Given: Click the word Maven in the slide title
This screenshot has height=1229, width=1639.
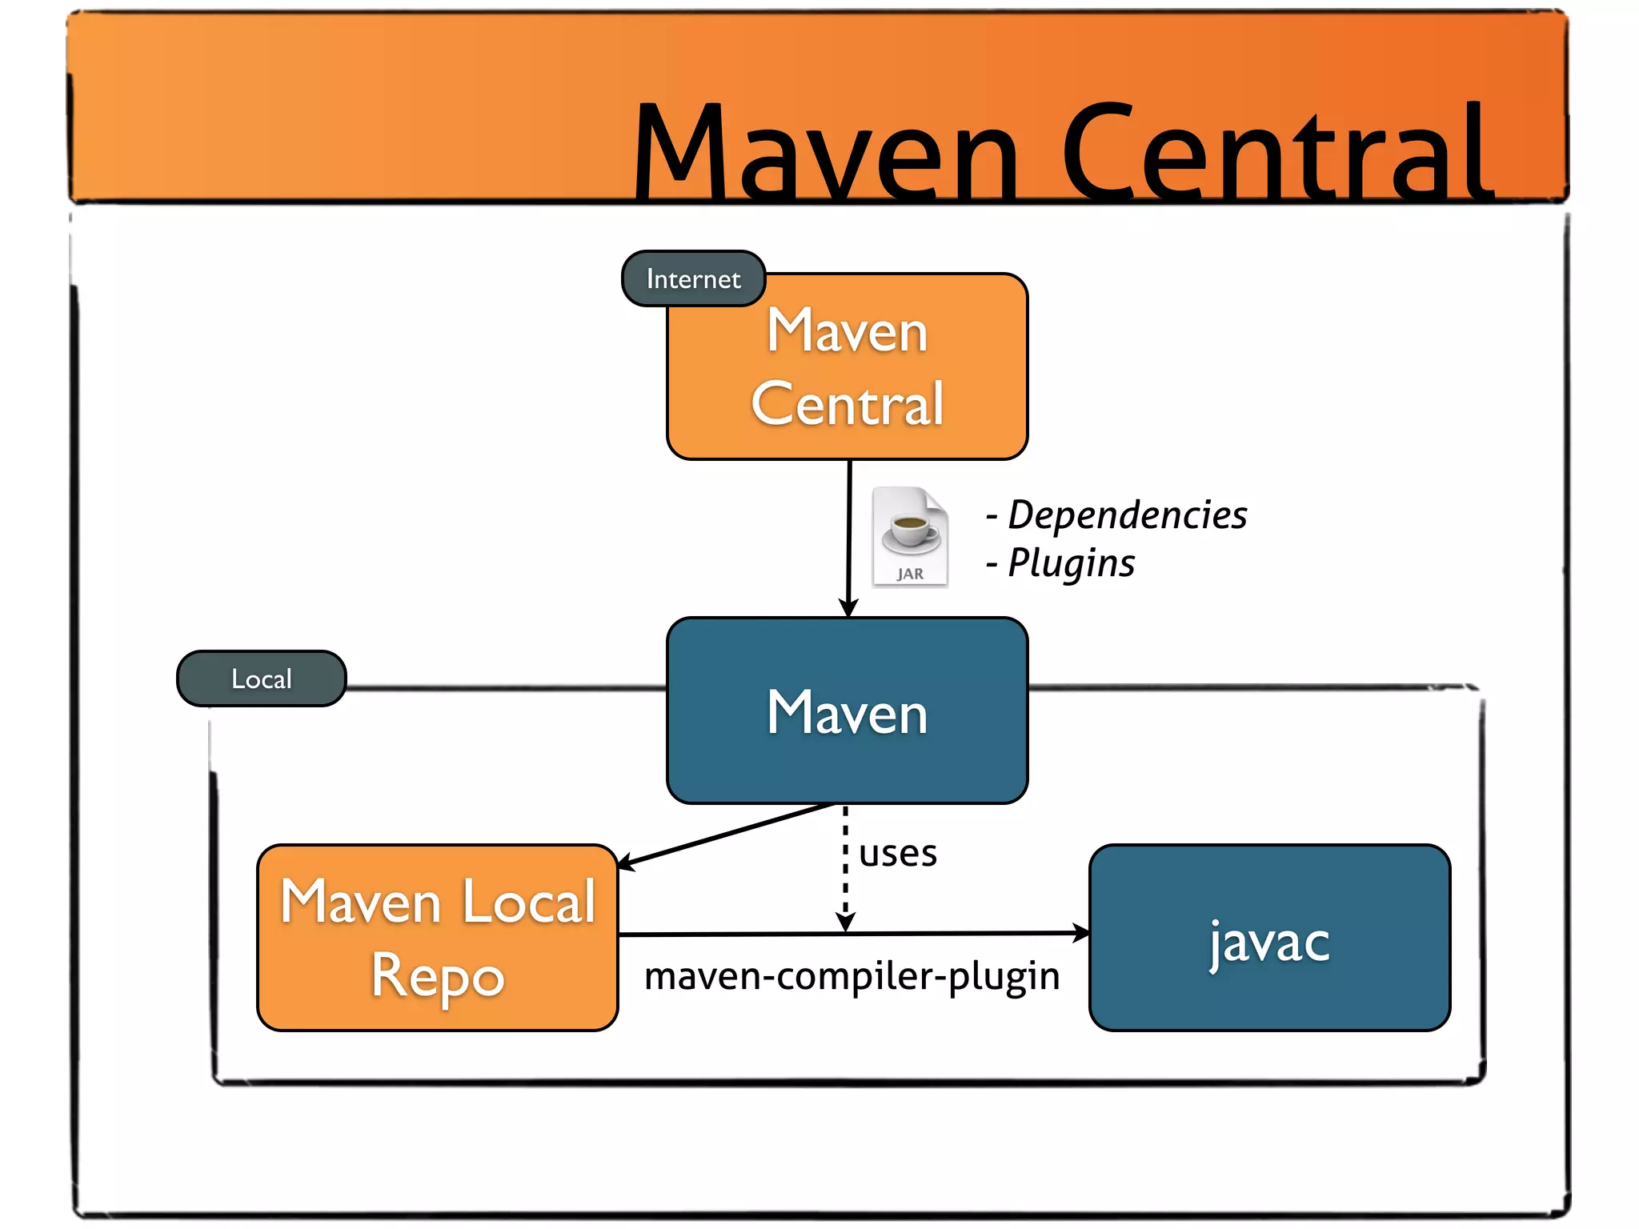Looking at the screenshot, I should pos(824,152).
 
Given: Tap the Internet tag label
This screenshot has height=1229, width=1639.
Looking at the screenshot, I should pos(693,278).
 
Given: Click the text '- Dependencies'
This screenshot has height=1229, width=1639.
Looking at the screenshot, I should pos(1116,514).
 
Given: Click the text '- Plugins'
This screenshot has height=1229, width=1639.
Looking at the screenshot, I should pos(1060,562).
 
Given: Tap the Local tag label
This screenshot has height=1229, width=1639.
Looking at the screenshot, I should pos(261,679).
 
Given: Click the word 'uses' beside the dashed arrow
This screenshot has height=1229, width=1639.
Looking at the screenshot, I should pos(897,853).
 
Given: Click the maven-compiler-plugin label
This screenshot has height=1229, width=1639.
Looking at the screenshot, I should pos(852,976).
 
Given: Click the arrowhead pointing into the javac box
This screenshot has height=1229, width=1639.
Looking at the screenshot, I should pos(1080,933).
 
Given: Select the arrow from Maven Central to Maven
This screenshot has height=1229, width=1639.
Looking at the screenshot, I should pos(849,536).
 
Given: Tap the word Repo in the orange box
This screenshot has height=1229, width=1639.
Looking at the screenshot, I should pos(437,976).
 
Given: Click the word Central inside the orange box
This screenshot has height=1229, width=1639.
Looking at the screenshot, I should pos(847,404).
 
